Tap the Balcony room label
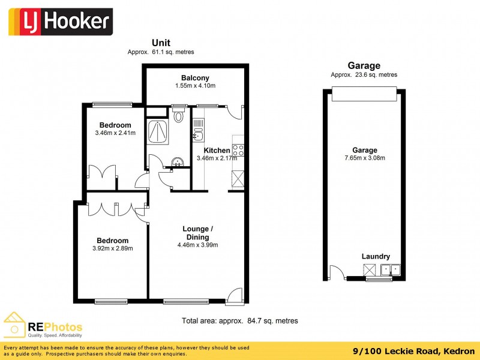click(x=196, y=78)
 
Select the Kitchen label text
click(x=217, y=151)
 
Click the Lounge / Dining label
click(x=197, y=233)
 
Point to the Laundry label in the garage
click(x=376, y=256)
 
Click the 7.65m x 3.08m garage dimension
click(x=365, y=158)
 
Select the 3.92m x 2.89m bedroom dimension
click(x=113, y=248)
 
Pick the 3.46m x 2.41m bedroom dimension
click(x=115, y=133)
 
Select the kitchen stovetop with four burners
click(x=238, y=150)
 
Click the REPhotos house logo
click(x=14, y=325)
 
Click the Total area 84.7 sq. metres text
click(x=240, y=321)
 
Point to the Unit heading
click(x=161, y=43)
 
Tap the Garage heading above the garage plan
click(x=364, y=66)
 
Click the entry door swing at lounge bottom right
click(x=236, y=295)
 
